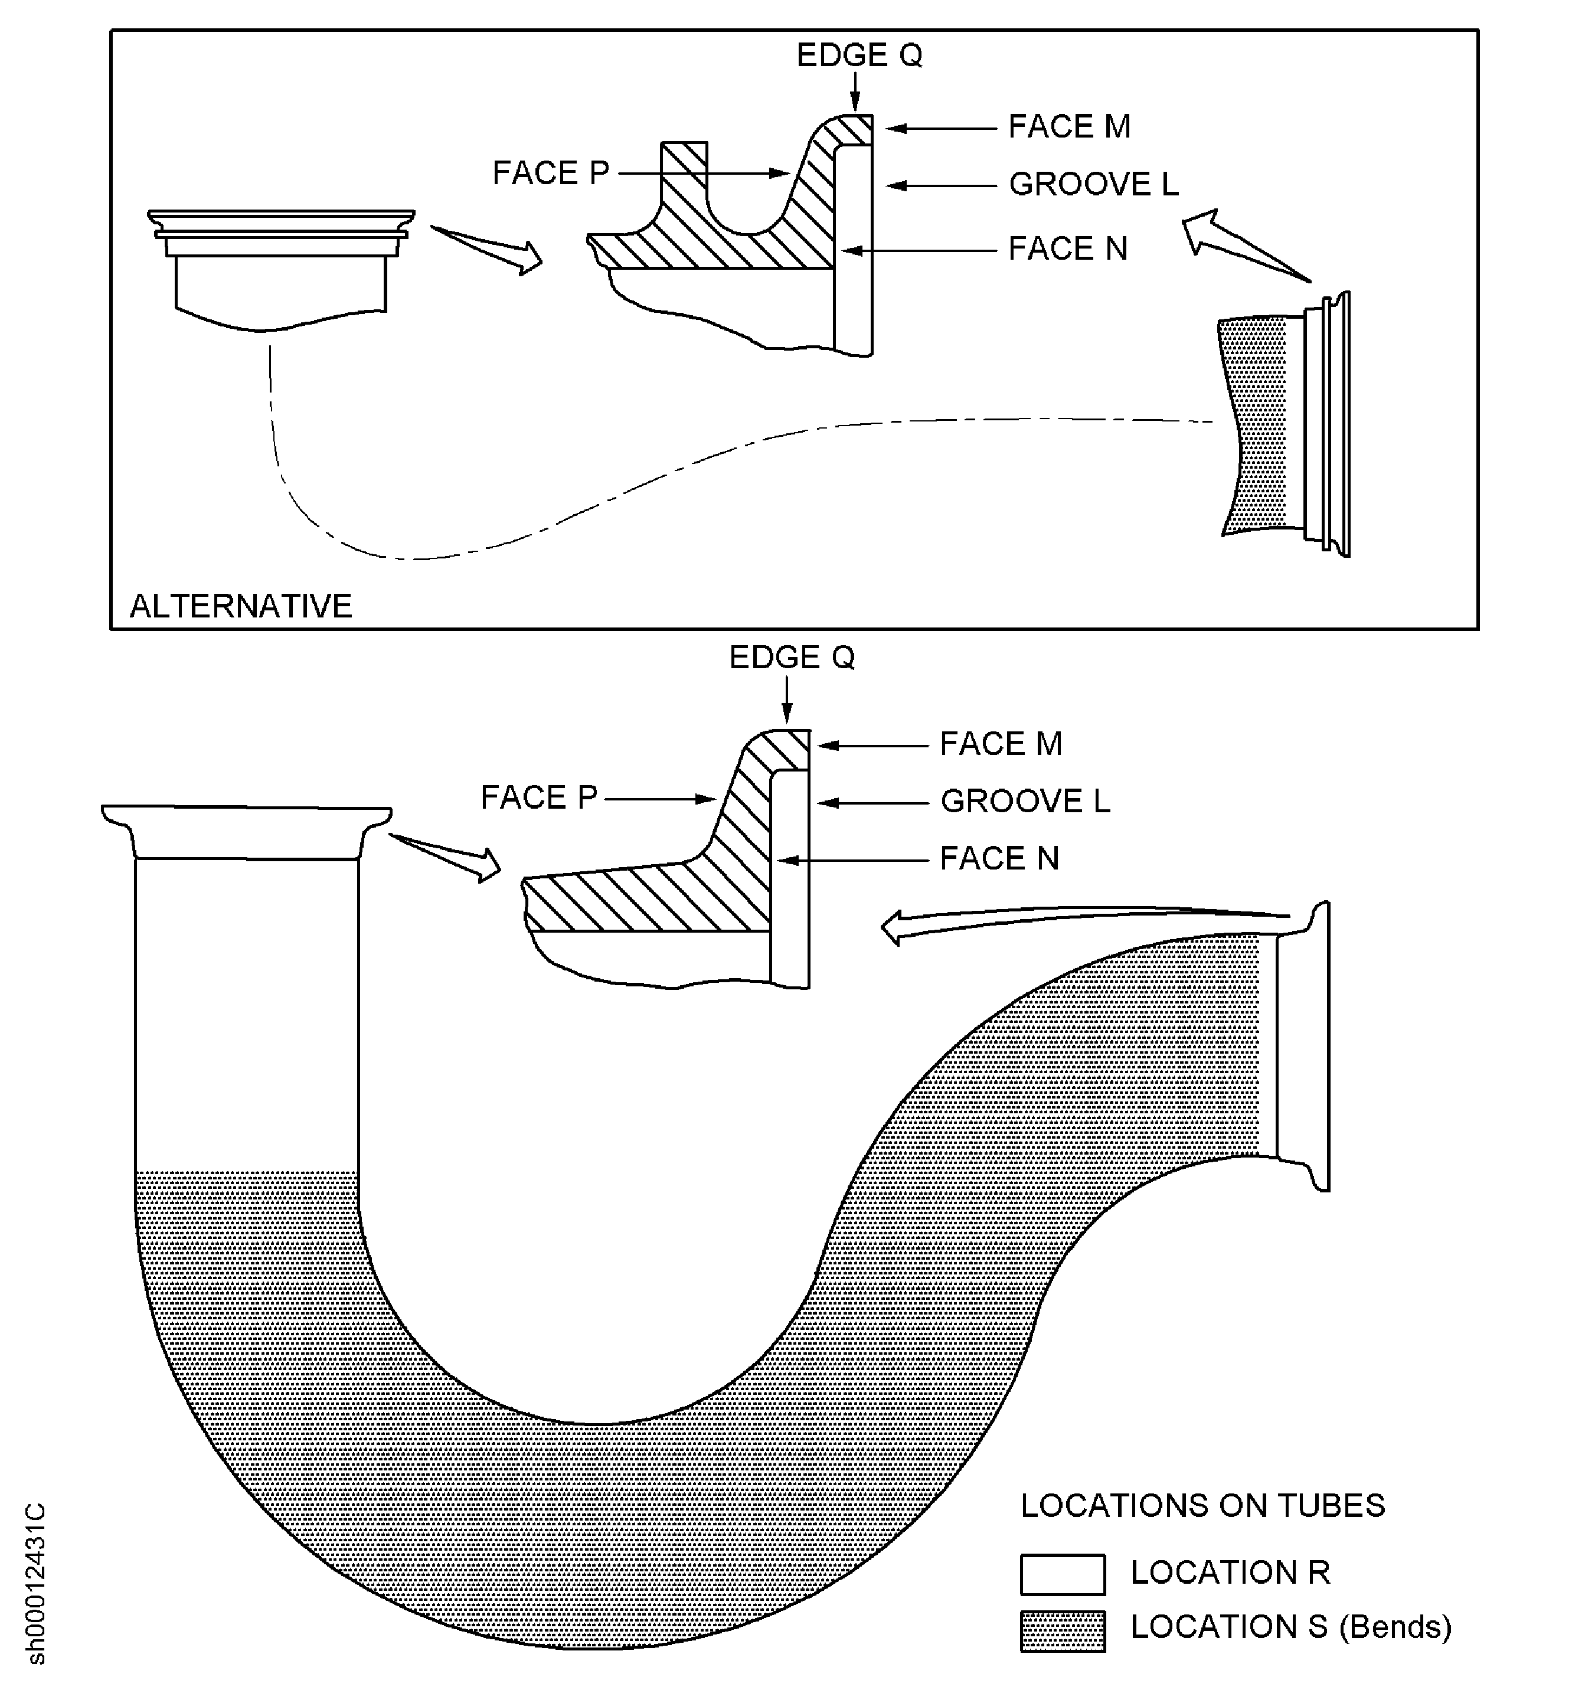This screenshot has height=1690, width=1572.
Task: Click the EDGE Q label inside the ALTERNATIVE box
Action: (x=859, y=55)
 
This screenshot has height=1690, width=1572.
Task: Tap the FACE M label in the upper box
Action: (x=1068, y=127)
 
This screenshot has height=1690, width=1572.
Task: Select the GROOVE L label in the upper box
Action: (x=1093, y=185)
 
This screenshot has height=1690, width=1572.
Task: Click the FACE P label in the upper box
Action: (x=551, y=174)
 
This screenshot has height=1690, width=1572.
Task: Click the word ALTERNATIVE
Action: (x=241, y=606)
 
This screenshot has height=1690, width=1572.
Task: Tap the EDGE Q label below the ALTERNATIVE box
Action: (x=792, y=657)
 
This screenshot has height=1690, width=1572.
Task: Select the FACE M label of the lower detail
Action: (x=1001, y=744)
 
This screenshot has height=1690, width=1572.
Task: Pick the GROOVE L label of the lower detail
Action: (x=1024, y=801)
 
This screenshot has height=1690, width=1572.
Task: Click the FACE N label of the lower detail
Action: (x=999, y=859)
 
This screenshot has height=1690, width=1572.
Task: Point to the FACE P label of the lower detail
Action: (x=539, y=797)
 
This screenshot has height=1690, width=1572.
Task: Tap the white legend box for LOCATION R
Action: (x=1062, y=1574)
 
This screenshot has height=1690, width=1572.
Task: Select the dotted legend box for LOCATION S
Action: (x=1062, y=1630)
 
